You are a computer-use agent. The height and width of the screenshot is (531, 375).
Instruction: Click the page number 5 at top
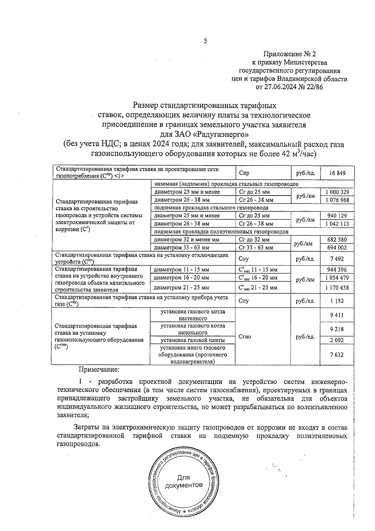[x=205, y=41]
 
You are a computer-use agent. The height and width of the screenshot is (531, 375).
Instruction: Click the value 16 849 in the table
[x=337, y=173]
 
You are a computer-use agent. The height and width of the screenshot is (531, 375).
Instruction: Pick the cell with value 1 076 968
[x=337, y=200]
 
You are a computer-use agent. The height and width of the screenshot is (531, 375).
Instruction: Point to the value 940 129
[x=337, y=216]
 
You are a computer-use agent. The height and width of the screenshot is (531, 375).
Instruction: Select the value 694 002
[x=337, y=248]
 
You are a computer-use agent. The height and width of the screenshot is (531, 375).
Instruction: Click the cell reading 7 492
[x=337, y=259]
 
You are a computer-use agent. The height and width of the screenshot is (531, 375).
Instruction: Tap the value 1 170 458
[x=337, y=287]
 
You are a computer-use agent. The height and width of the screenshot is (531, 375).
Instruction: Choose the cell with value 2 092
[x=337, y=340]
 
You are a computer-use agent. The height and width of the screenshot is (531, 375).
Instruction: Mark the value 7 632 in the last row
[x=337, y=355]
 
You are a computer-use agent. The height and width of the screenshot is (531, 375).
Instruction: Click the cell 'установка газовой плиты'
[x=193, y=340]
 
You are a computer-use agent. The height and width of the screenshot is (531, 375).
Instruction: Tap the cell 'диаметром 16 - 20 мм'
[x=182, y=278]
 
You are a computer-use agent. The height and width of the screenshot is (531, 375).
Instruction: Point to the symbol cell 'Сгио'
[x=245, y=337]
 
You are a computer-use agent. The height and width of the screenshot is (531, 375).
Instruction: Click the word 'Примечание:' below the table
[x=99, y=369]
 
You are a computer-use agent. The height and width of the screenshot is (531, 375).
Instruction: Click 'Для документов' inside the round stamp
[x=183, y=481]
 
